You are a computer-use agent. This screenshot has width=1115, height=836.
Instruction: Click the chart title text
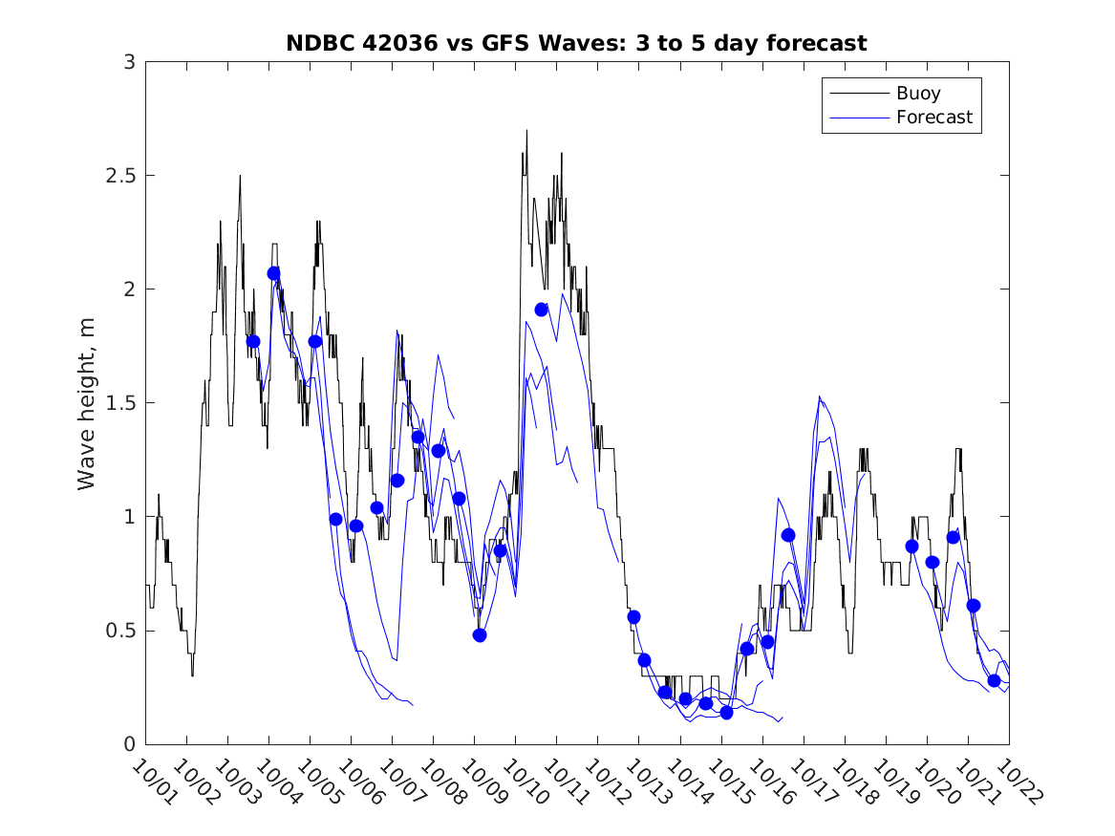click(x=576, y=43)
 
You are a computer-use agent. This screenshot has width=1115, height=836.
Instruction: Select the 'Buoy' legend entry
click(x=917, y=94)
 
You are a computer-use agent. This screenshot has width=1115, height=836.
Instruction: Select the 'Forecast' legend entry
click(x=933, y=118)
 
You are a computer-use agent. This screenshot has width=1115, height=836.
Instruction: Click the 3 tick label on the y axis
click(x=127, y=62)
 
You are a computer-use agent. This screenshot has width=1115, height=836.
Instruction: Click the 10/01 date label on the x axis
click(x=153, y=782)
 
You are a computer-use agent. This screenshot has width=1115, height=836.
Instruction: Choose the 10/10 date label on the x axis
click(x=523, y=782)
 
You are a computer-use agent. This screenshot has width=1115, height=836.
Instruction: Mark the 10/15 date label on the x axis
click(x=728, y=782)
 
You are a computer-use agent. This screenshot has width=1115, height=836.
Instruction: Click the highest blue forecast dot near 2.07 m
click(x=274, y=273)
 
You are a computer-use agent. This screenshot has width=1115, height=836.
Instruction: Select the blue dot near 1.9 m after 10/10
click(x=542, y=310)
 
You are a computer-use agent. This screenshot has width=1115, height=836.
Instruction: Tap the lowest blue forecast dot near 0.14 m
click(x=726, y=713)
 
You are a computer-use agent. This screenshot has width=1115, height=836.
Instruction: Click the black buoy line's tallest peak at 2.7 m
click(x=525, y=131)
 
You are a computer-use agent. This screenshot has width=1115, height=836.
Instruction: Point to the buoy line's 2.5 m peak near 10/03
click(x=240, y=176)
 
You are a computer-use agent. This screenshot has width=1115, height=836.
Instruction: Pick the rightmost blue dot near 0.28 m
click(x=994, y=680)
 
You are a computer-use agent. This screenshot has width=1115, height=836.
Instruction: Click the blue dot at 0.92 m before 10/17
click(x=788, y=535)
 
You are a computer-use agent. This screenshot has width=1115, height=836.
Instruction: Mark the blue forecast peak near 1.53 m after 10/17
click(x=819, y=397)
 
